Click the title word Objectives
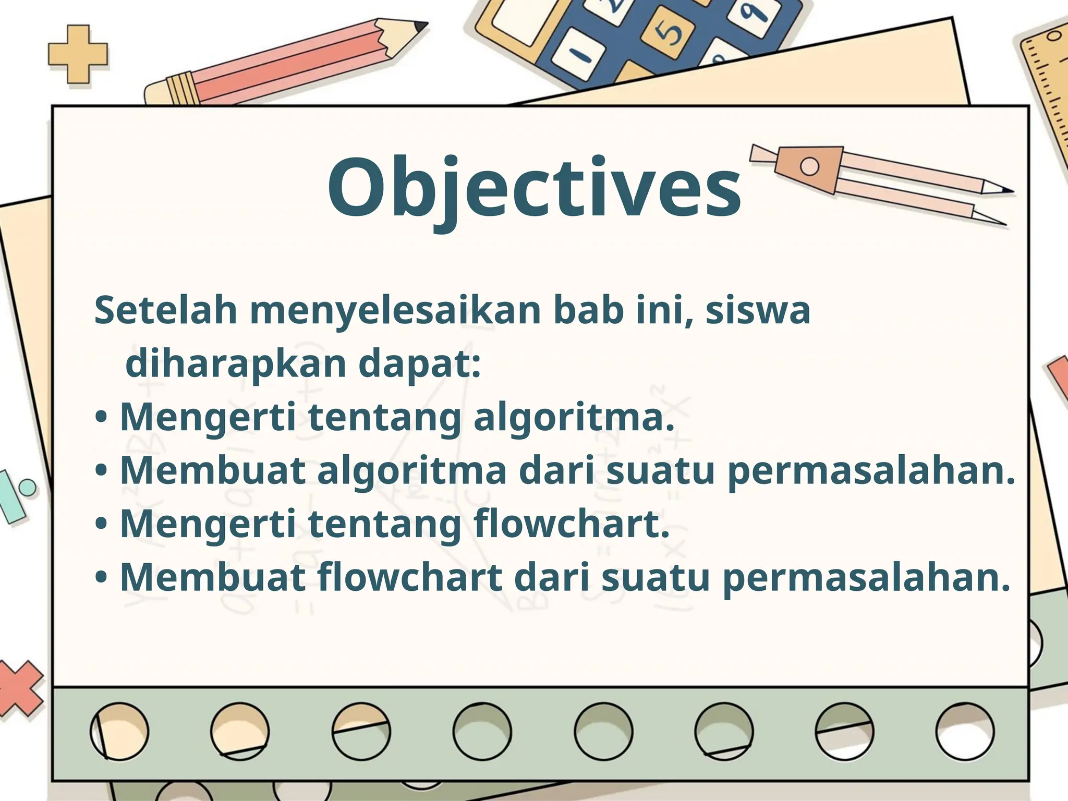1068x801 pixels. click(x=534, y=188)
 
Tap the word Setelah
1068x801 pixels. click(x=166, y=311)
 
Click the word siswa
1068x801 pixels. click(x=758, y=311)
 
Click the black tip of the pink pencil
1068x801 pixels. click(x=420, y=26)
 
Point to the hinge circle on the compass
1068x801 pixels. click(x=809, y=166)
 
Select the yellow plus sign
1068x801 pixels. click(x=78, y=55)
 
